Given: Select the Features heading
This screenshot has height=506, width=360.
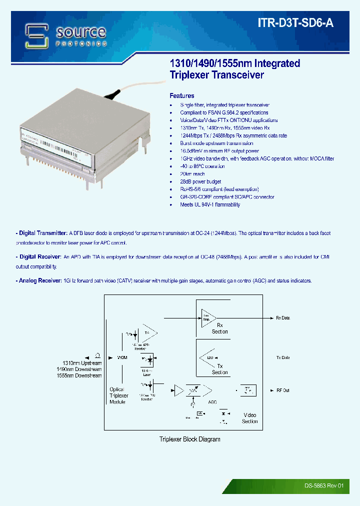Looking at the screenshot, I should pyautogui.click(x=182, y=95).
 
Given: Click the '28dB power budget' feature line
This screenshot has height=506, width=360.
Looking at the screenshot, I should pyautogui.click(x=200, y=181).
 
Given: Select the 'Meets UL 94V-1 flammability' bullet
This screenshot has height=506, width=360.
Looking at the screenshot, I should pyautogui.click(x=210, y=204).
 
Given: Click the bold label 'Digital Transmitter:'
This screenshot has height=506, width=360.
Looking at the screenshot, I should pyautogui.click(x=42, y=233).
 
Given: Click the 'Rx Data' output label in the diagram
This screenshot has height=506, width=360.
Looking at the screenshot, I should pyautogui.click(x=282, y=318).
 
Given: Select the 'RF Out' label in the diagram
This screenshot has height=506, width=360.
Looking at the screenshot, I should pyautogui.click(x=282, y=390).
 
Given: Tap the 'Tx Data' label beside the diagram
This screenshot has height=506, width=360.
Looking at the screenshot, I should pyautogui.click(x=282, y=358).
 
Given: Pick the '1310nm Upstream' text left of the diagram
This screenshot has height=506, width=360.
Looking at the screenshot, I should pyautogui.click(x=82, y=363).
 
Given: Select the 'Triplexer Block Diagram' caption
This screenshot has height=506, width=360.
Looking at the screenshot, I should pyautogui.click(x=190, y=439).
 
